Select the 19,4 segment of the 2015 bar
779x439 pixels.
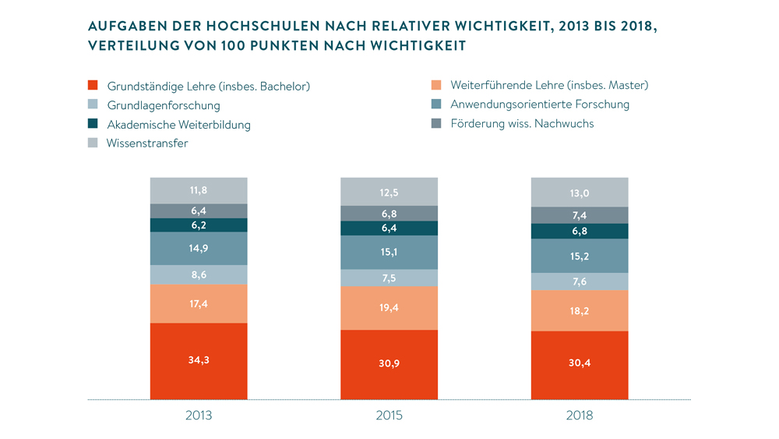point(389,309)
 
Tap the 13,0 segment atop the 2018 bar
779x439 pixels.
point(580,192)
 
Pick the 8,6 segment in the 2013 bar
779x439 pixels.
point(199,275)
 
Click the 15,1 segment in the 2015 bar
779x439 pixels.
point(389,253)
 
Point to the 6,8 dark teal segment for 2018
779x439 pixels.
point(580,232)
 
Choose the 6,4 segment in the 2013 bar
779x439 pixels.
point(199,211)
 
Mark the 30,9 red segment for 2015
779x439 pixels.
point(389,365)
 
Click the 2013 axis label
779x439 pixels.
point(199,416)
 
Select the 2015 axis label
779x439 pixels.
point(389,416)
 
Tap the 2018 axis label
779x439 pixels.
point(580,416)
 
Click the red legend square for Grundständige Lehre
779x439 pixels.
point(93,86)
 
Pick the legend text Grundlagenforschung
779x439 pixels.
point(164,105)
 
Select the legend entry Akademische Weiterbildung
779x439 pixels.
point(178,124)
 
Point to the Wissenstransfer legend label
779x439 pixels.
point(147,143)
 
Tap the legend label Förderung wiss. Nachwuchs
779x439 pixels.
point(522,123)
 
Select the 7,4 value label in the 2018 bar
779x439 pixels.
point(580,215)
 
